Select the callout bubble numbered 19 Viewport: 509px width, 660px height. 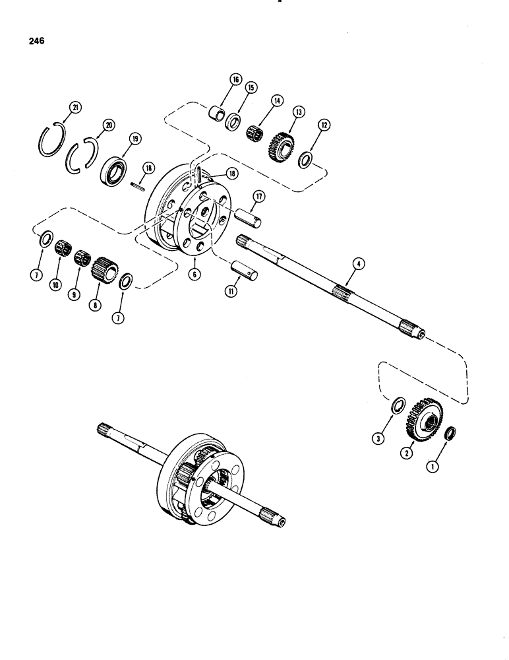click(134, 139)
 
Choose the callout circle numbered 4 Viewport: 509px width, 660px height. click(357, 265)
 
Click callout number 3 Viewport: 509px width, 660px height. click(378, 437)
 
